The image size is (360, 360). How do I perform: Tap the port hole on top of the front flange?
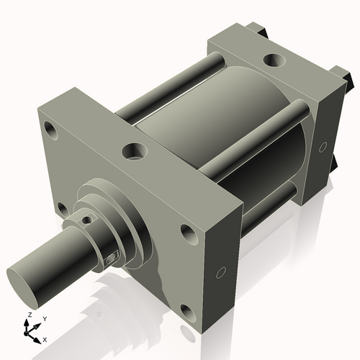tap(133, 151)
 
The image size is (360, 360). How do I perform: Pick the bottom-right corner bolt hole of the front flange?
tap(186, 312)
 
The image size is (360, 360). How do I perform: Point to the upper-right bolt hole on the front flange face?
tap(187, 233)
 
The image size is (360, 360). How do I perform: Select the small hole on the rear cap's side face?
tap(323, 147)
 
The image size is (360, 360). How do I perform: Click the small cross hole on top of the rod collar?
tap(87, 220)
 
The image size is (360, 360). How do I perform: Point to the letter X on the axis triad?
tap(45, 338)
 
